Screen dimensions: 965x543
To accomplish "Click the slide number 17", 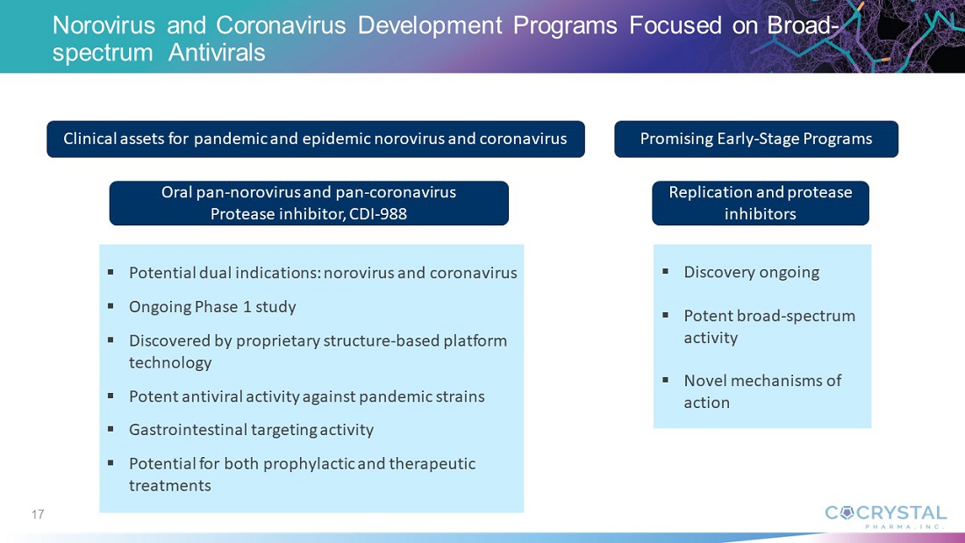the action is pos(38,514).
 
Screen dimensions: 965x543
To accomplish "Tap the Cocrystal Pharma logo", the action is pos(885,517).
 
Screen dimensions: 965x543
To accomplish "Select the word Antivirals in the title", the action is pos(217,53).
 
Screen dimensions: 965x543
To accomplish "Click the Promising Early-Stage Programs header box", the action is pos(755,139).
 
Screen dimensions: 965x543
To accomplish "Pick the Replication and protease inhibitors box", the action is pos(760,204).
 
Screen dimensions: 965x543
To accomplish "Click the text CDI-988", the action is pos(378,214).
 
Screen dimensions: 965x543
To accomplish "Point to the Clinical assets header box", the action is pos(316,139).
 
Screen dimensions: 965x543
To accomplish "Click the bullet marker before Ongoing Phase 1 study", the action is pos(111,305).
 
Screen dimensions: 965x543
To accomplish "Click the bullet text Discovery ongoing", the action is pos(752,272).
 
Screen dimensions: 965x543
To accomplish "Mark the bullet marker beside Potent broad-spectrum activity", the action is pos(665,315).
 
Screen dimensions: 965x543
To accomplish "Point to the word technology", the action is pos(170,362).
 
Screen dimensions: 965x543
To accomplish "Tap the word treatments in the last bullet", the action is pos(170,486).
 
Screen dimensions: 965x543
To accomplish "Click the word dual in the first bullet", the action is pos(210,273).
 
